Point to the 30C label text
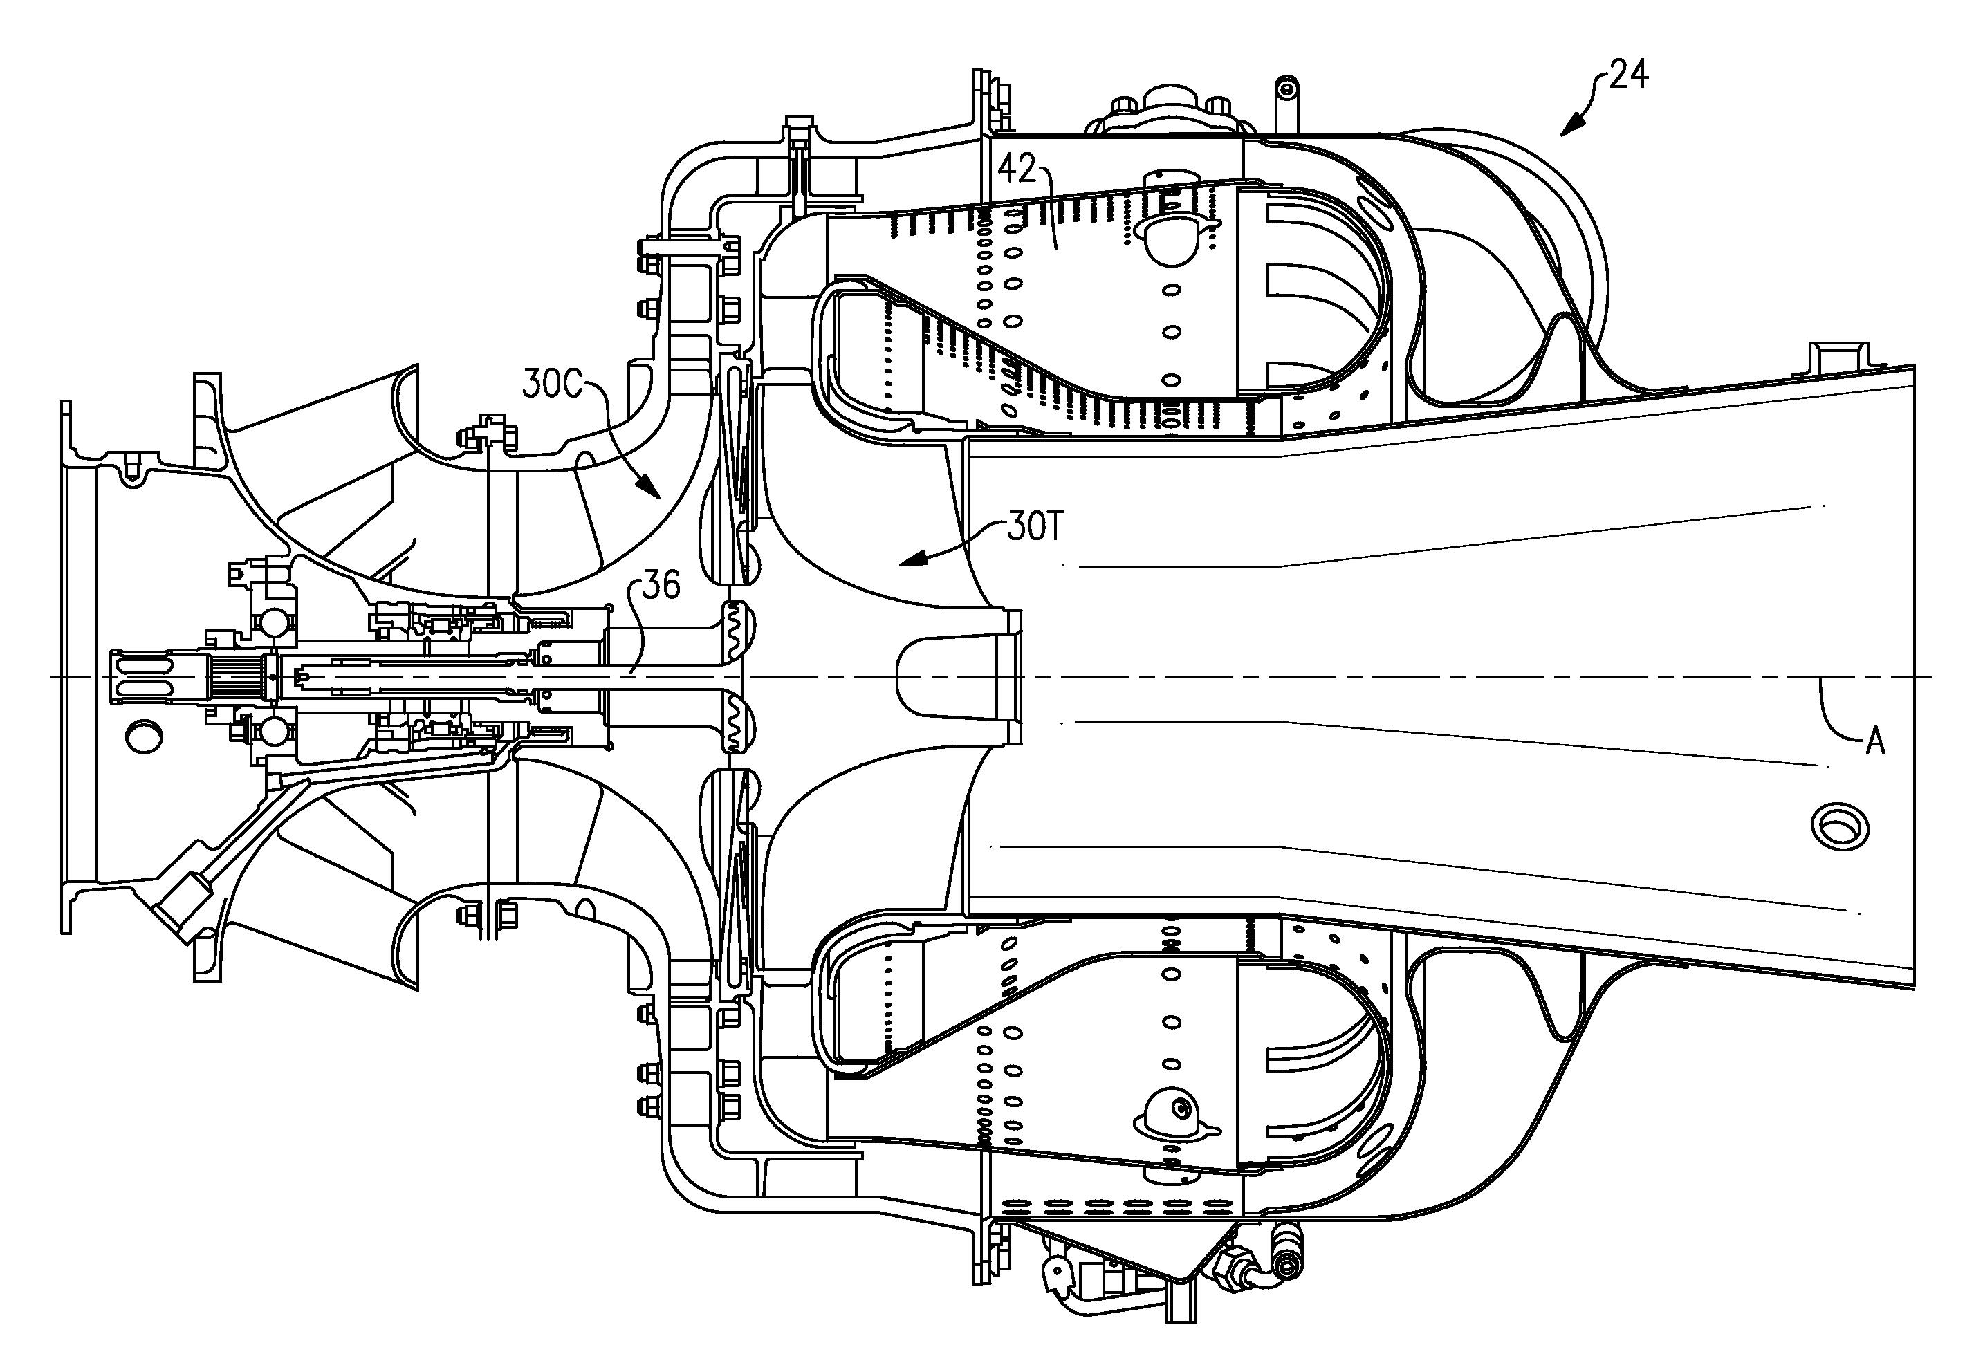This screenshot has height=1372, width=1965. (551, 387)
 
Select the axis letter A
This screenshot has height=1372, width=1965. (1875, 742)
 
